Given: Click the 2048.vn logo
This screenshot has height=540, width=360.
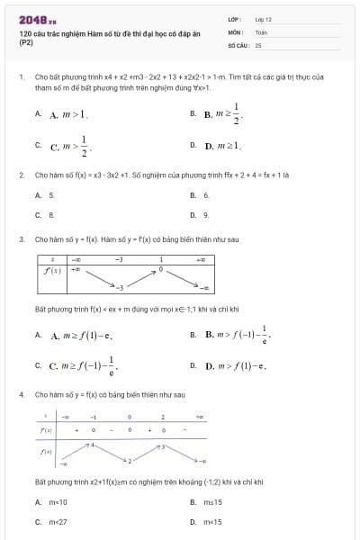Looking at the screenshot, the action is (37, 19).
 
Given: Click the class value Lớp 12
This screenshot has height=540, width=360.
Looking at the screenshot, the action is (263, 19).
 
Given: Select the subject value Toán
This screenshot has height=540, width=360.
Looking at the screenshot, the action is (261, 31).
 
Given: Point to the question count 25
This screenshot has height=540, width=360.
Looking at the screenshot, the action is (258, 44).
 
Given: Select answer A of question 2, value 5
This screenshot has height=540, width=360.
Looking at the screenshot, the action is (51, 195).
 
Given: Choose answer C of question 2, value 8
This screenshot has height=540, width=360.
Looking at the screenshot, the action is (51, 215).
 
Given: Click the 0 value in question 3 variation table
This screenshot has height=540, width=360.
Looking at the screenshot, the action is (160, 269).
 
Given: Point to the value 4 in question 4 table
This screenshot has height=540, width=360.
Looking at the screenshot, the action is (90, 445).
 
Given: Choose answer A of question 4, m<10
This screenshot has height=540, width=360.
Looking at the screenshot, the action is (57, 502).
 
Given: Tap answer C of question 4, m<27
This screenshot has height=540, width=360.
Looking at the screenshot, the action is (57, 522).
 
